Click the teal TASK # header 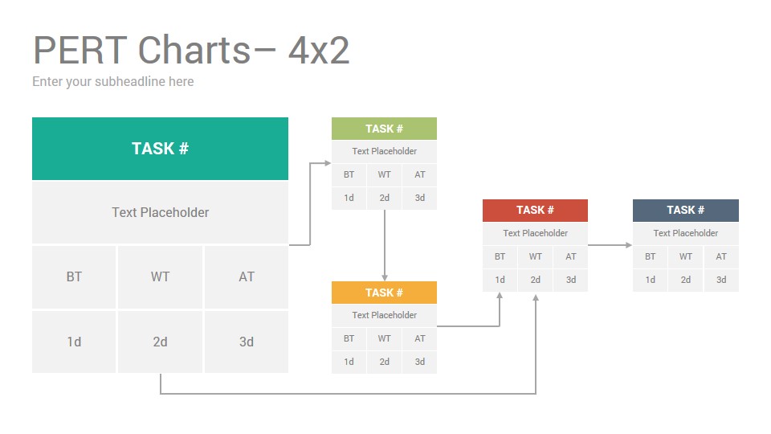tap(160, 149)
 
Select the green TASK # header tap(384, 129)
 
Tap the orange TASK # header tap(384, 293)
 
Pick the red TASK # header tap(535, 210)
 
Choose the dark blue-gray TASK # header tap(685, 210)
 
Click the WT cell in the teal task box tap(161, 277)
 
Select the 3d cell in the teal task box tap(247, 342)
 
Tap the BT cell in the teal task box tap(74, 277)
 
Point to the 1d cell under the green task tap(349, 198)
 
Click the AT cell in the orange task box tap(419, 338)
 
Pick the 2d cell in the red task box tap(535, 280)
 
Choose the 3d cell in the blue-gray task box tap(721, 280)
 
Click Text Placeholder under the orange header tap(384, 315)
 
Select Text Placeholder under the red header tap(535, 233)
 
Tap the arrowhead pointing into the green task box tap(328, 163)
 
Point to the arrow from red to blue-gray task tap(610, 244)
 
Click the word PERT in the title tap(80, 50)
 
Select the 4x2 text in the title tap(319, 50)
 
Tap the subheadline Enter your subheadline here tap(113, 82)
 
